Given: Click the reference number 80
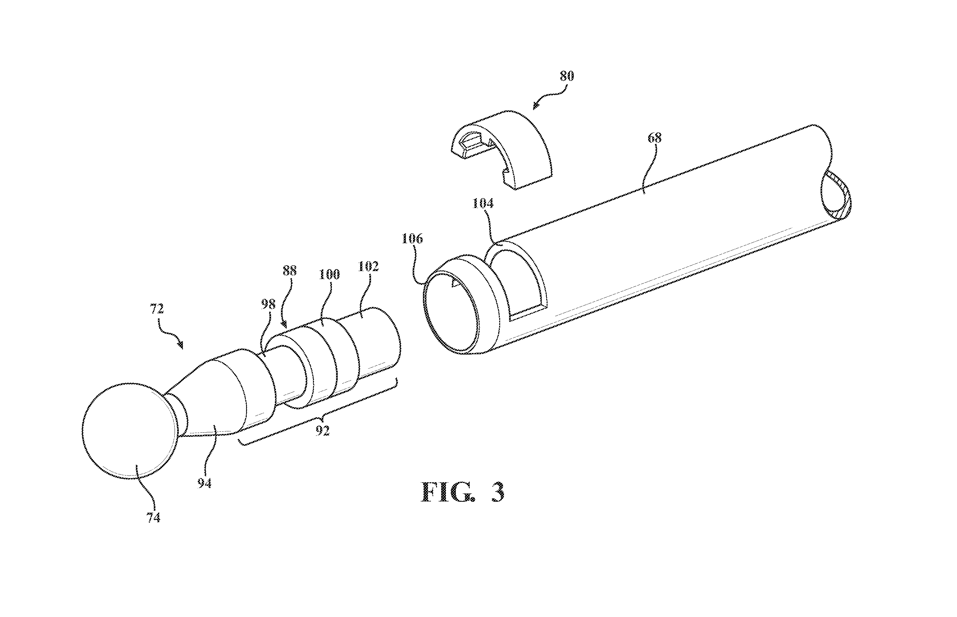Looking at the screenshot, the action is (x=566, y=76).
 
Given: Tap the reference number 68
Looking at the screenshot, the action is (x=655, y=138).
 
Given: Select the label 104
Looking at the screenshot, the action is (x=483, y=204).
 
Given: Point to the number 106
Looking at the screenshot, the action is (x=412, y=239).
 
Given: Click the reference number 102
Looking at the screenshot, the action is (x=368, y=267).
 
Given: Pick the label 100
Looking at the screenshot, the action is (x=329, y=275).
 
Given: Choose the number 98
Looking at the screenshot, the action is (x=268, y=304).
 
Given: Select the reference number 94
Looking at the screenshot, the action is (x=204, y=484).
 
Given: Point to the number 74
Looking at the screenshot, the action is (x=153, y=518).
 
